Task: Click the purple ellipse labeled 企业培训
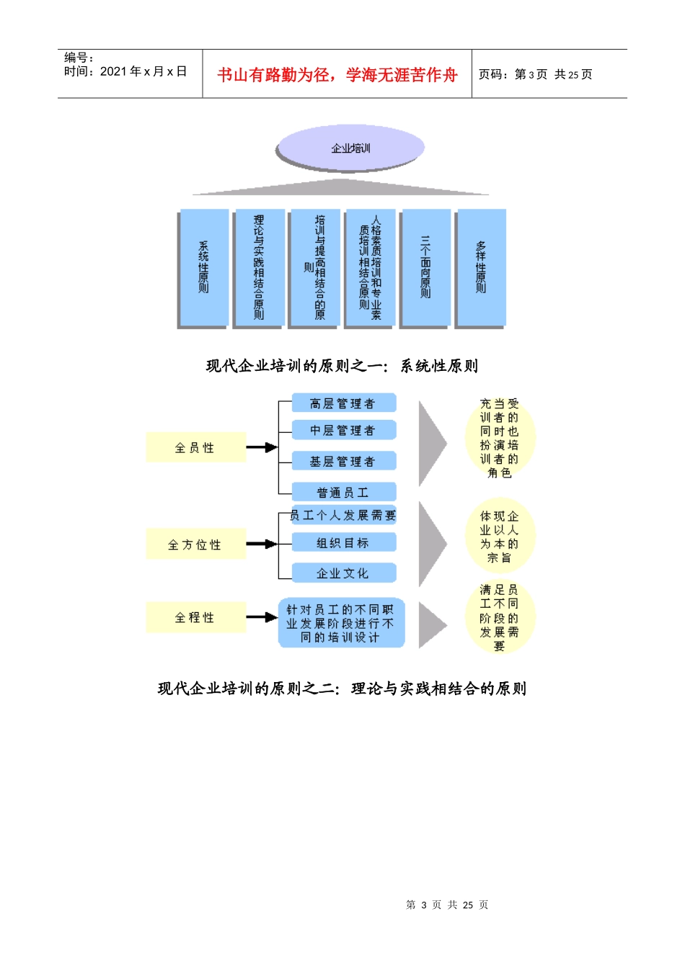click(350, 148)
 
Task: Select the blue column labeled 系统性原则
click(203, 268)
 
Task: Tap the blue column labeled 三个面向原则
click(425, 268)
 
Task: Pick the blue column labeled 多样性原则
click(481, 268)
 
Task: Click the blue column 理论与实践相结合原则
click(259, 268)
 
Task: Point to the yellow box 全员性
click(195, 448)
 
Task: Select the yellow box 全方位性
click(195, 544)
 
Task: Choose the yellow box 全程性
click(195, 618)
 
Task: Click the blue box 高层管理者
click(343, 403)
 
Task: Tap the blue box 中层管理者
click(343, 431)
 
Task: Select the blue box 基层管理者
click(343, 462)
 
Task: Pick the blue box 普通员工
click(343, 493)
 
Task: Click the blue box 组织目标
click(343, 543)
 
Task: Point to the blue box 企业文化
click(343, 573)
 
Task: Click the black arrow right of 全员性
click(262, 448)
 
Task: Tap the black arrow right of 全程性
click(262, 618)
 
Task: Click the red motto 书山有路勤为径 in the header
click(337, 75)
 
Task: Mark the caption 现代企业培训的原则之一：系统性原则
click(342, 367)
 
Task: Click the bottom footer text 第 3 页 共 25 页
click(447, 905)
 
